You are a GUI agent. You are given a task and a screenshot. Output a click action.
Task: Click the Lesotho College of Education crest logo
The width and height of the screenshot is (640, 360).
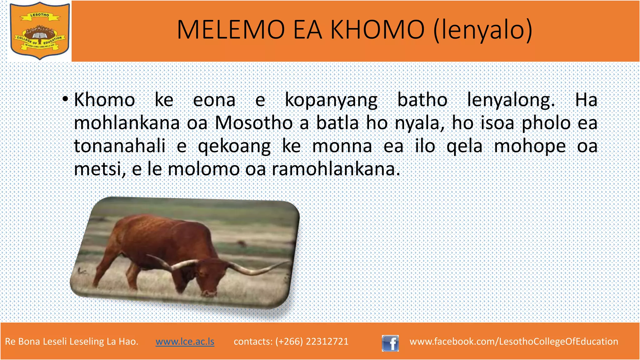(x=40, y=31)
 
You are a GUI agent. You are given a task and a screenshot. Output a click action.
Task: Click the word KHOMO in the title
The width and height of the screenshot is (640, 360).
(x=377, y=30)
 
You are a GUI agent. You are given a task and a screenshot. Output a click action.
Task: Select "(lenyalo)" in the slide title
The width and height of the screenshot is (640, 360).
(x=483, y=30)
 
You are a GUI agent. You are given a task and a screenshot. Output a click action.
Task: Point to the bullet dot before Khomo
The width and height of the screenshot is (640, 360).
(x=65, y=100)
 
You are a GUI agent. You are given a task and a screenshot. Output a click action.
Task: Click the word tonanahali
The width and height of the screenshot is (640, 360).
(x=120, y=146)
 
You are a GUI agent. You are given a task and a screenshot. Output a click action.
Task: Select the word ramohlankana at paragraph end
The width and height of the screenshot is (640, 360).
(x=336, y=169)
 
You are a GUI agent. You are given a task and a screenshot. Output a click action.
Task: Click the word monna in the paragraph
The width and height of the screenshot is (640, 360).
(x=342, y=146)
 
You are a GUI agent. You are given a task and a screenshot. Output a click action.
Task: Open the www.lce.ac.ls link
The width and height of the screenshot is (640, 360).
(x=185, y=341)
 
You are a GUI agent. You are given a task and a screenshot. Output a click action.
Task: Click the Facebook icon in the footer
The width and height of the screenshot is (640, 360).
(x=390, y=343)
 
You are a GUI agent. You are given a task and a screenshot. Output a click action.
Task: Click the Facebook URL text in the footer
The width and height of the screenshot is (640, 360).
(x=514, y=341)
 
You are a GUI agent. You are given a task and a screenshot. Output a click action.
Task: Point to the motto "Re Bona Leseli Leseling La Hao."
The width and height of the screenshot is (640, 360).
(x=72, y=341)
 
